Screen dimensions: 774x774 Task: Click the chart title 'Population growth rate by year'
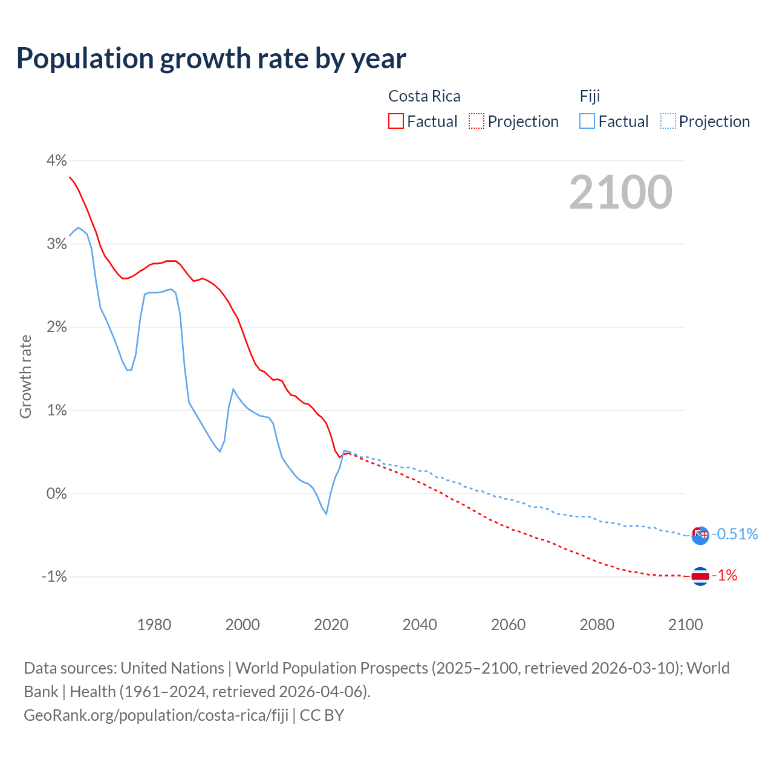(x=211, y=59)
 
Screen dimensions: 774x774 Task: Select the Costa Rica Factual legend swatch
(x=395, y=121)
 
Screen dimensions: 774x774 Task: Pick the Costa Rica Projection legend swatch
(x=476, y=121)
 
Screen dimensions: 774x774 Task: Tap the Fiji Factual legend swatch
(x=587, y=121)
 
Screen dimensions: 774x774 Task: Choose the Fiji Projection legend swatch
(x=668, y=121)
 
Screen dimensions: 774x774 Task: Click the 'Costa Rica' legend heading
(x=424, y=96)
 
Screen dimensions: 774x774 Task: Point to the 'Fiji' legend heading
(x=590, y=96)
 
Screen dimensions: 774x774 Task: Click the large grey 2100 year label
(x=620, y=192)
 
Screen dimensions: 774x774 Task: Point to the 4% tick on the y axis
(x=56, y=160)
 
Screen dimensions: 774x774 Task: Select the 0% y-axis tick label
(x=56, y=493)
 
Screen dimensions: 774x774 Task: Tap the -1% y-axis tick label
(x=54, y=577)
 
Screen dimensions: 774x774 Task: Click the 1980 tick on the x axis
(x=154, y=625)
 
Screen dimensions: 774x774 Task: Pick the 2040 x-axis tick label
(x=420, y=625)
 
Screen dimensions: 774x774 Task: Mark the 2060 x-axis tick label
(x=508, y=625)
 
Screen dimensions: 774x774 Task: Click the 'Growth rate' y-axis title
(x=25, y=376)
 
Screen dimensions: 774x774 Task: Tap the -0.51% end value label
(x=735, y=534)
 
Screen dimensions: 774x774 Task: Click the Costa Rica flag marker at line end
(x=700, y=576)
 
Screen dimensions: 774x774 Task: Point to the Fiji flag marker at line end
(x=700, y=535)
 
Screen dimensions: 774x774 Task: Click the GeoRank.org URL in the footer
(x=156, y=715)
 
